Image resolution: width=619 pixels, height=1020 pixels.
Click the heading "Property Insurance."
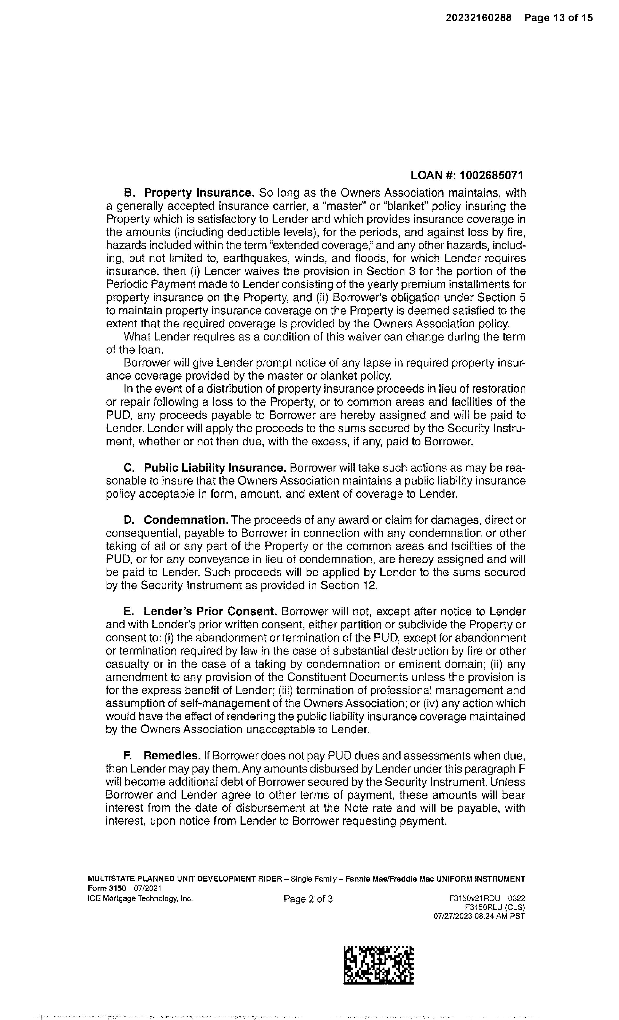pyautogui.click(x=199, y=193)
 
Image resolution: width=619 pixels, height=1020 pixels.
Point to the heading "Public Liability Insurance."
pyautogui.click(x=215, y=468)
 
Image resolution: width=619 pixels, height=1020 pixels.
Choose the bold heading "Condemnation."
pyautogui.click(x=186, y=520)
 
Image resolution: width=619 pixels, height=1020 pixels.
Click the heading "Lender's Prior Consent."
pyautogui.click(x=210, y=612)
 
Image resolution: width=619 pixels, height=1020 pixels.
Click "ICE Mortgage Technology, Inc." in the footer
pyautogui.click(x=140, y=899)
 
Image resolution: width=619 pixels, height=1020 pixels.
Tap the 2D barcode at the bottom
pyautogui.click(x=379, y=966)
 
